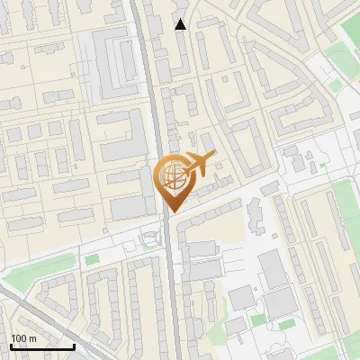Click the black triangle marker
(181, 24)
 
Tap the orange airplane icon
(199, 166)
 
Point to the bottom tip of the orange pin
(171, 211)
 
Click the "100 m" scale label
(24, 338)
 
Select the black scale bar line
(42, 346)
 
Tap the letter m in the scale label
(32, 338)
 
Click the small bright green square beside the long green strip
(91, 259)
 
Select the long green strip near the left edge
(36, 267)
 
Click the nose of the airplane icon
(213, 157)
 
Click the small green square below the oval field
(336, 85)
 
